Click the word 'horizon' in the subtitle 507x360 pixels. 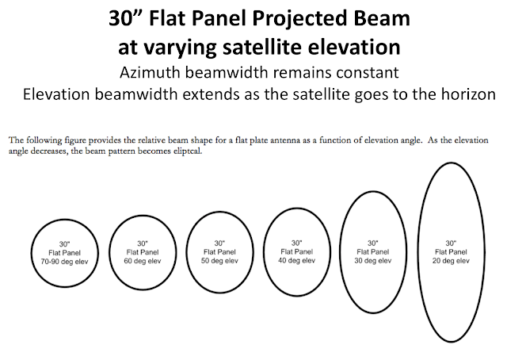[x=467, y=95]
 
